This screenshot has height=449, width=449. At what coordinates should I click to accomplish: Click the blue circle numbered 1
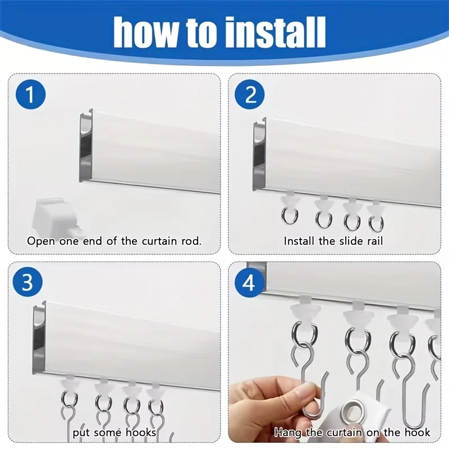click(x=30, y=94)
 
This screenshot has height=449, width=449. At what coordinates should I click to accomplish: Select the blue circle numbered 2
click(x=250, y=94)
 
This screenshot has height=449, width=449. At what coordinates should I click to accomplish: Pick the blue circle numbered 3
click(x=28, y=282)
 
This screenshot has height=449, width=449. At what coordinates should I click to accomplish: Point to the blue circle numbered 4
click(x=249, y=283)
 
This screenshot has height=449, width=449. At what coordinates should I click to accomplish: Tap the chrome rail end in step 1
click(x=86, y=146)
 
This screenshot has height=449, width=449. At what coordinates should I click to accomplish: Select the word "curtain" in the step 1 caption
click(x=159, y=241)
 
